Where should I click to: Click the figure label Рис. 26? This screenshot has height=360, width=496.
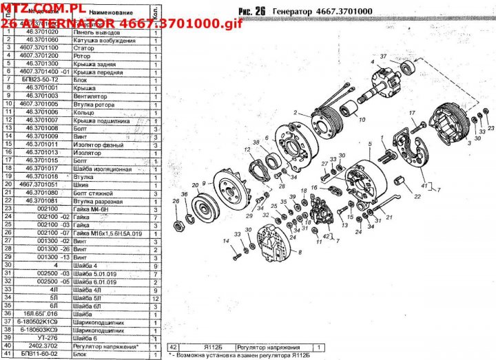[x=251, y=11]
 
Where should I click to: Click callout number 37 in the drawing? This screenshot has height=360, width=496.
[x=384, y=56]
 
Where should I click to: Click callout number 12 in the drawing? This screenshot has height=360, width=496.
[x=246, y=149]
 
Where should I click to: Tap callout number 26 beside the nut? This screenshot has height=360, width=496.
[x=176, y=202]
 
